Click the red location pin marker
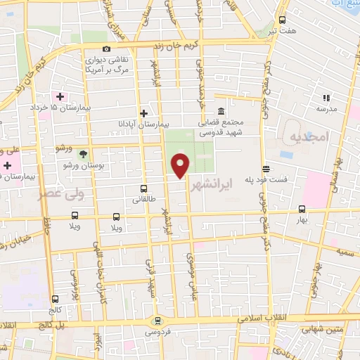[181, 165]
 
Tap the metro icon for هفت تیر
[283, 20]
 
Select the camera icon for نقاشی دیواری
[106, 49]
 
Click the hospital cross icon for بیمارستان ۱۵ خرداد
[60, 96]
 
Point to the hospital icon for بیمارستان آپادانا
[144, 112]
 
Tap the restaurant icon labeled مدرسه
[326, 98]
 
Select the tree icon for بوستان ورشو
[83, 153]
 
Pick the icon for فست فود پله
[266, 169]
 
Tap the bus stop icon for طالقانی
[143, 188]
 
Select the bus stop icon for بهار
[302, 209]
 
